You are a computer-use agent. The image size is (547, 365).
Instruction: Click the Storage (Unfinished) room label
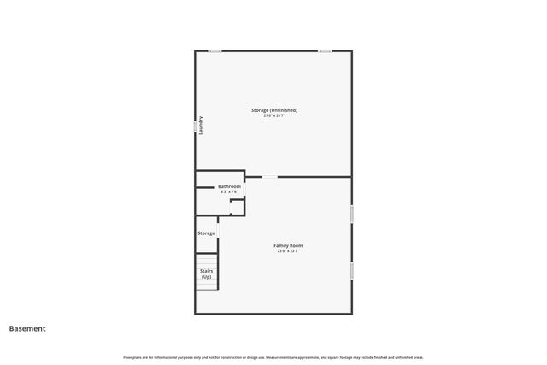[x=273, y=110]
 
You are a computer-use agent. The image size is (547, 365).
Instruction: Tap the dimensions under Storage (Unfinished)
[x=273, y=116]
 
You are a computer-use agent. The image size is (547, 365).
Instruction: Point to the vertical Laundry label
[x=202, y=125]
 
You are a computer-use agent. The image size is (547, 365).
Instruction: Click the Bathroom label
[x=229, y=186]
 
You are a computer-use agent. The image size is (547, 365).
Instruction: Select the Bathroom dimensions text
[x=229, y=192]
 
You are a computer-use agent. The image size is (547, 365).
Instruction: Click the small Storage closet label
[x=206, y=233]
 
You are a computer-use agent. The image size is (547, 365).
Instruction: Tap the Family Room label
[x=288, y=246]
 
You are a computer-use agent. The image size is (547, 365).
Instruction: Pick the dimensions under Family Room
[x=288, y=251]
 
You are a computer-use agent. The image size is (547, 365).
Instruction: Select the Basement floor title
[x=27, y=328]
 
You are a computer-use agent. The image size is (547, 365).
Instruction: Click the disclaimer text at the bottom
[x=273, y=357]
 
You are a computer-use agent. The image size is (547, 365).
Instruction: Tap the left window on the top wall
[x=215, y=51]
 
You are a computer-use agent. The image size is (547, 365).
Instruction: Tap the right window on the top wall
[x=325, y=51]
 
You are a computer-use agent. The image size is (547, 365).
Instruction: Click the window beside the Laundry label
[x=195, y=125]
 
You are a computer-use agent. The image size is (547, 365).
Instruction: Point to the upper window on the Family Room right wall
[x=351, y=214]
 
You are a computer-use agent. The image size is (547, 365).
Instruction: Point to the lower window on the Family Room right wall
[x=351, y=270]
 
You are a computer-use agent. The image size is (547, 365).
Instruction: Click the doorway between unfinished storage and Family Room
[x=269, y=177]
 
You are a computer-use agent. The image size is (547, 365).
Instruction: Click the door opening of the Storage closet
[x=219, y=230]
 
